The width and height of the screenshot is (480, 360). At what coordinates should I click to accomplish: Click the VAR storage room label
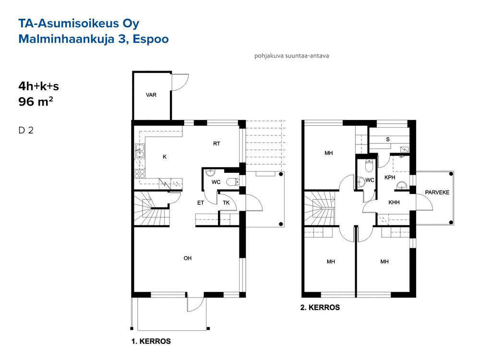point(151,95)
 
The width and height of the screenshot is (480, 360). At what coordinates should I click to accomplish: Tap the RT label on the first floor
point(217,144)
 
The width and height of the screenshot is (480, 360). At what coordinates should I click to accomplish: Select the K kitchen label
point(165,157)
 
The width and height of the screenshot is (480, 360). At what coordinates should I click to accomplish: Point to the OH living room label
point(188,258)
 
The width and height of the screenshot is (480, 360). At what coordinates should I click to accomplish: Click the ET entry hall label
point(201,203)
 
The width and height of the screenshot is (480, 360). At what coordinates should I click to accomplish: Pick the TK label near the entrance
point(226,203)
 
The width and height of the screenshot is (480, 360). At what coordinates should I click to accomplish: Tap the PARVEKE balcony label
point(437,192)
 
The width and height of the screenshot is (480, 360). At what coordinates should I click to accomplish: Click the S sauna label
point(388,140)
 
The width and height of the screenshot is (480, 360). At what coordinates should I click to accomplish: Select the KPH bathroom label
point(390,178)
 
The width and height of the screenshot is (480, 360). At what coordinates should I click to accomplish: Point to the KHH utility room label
point(394,203)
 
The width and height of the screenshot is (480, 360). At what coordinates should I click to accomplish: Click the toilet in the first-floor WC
point(232,182)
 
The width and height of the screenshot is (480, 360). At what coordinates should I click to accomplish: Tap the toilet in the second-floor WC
point(370,166)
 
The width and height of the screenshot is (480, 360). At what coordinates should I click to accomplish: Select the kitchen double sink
point(140,151)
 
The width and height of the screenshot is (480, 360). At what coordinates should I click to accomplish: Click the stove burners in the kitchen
point(140,174)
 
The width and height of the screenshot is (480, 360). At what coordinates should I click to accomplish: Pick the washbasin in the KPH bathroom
point(401,185)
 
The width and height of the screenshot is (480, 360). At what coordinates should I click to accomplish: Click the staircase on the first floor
point(152,209)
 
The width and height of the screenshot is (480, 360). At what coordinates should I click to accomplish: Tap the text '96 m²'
point(36,102)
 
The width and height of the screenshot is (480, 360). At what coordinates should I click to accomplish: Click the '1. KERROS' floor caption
point(151,341)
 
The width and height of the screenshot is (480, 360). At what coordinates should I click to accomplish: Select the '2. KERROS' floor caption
point(320,308)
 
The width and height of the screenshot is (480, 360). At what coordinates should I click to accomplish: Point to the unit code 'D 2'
point(26,131)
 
